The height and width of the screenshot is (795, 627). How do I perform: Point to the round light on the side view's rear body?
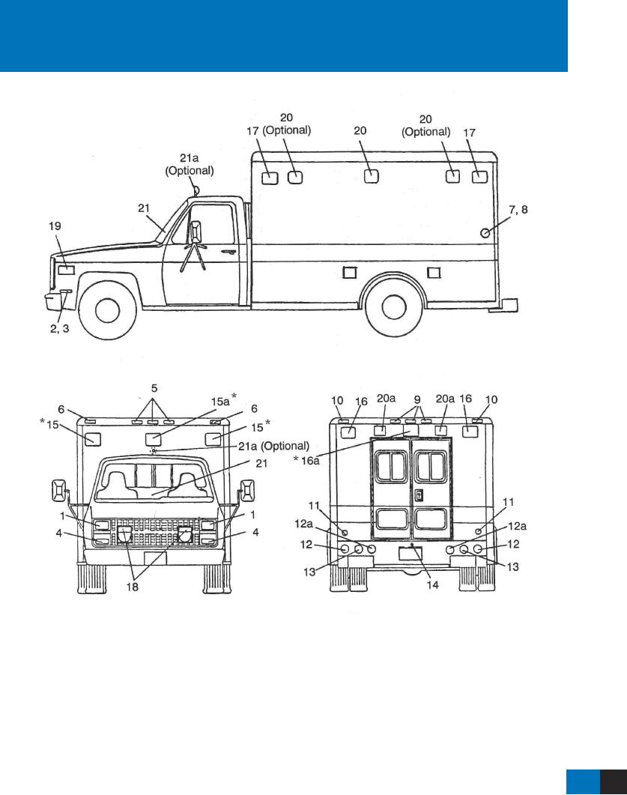point(486,233)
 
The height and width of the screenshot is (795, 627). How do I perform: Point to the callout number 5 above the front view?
point(155,389)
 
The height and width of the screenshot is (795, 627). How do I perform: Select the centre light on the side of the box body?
point(370,177)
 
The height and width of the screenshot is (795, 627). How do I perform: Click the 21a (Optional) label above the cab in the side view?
point(189,165)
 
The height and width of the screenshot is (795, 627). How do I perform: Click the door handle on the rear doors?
point(419,495)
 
